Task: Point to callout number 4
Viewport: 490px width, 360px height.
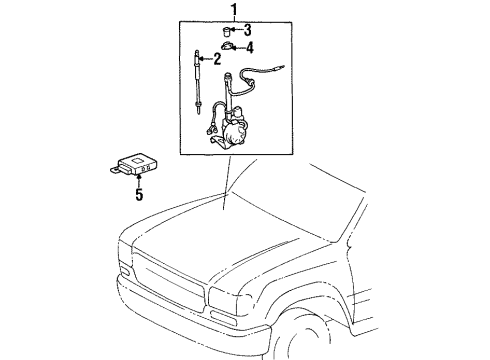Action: click(250, 47)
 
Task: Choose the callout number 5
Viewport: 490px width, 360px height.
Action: click(138, 195)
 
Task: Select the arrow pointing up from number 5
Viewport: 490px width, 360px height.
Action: click(138, 181)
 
